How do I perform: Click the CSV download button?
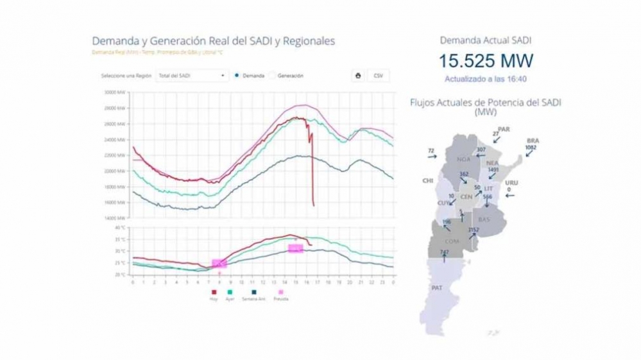(x=378, y=75)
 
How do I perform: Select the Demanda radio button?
(x=237, y=75)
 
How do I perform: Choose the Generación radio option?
(x=272, y=75)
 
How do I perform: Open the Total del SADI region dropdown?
(x=192, y=75)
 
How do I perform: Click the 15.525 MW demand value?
(x=486, y=62)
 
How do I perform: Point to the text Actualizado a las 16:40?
(x=486, y=79)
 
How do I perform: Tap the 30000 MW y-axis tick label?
(x=115, y=92)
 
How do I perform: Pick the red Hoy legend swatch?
(x=214, y=292)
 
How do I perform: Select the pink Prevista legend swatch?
(x=280, y=292)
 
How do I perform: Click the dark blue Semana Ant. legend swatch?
(x=253, y=292)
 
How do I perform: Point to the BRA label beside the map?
(x=533, y=141)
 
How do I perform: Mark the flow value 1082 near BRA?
(x=531, y=148)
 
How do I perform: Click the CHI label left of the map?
(x=427, y=181)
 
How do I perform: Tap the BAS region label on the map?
(x=484, y=219)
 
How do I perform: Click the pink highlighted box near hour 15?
(x=295, y=248)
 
